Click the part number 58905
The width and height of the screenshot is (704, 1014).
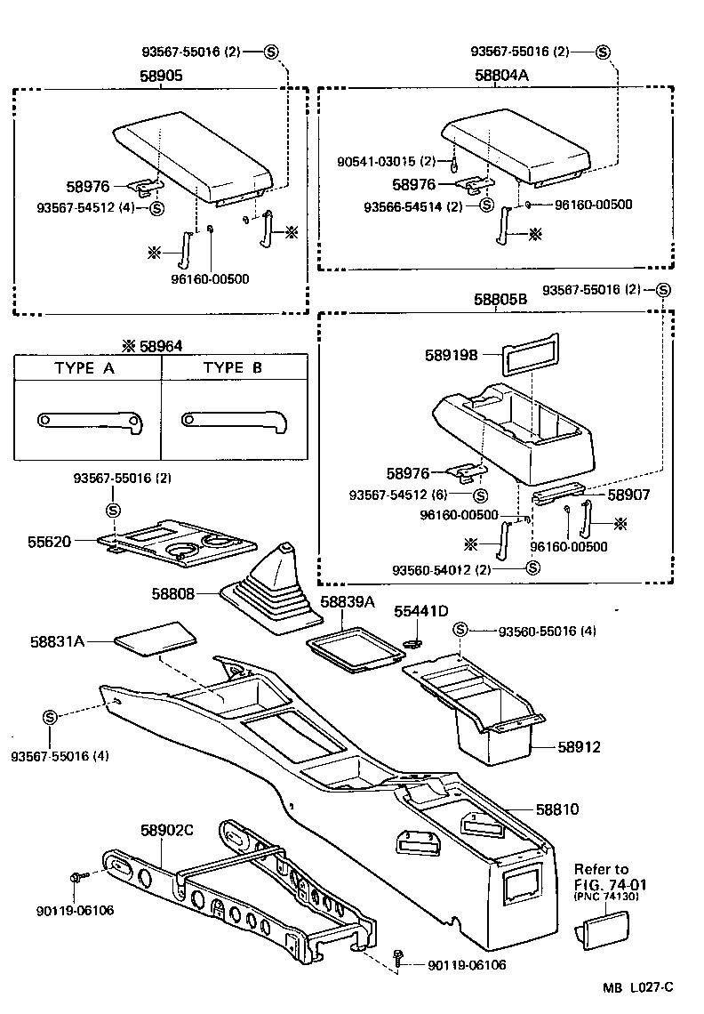point(161,76)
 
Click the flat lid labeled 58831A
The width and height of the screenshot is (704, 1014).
point(156,640)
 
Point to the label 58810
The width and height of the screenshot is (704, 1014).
point(557,809)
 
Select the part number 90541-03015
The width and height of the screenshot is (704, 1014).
point(386,161)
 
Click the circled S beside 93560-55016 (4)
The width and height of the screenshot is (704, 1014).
point(460,631)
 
